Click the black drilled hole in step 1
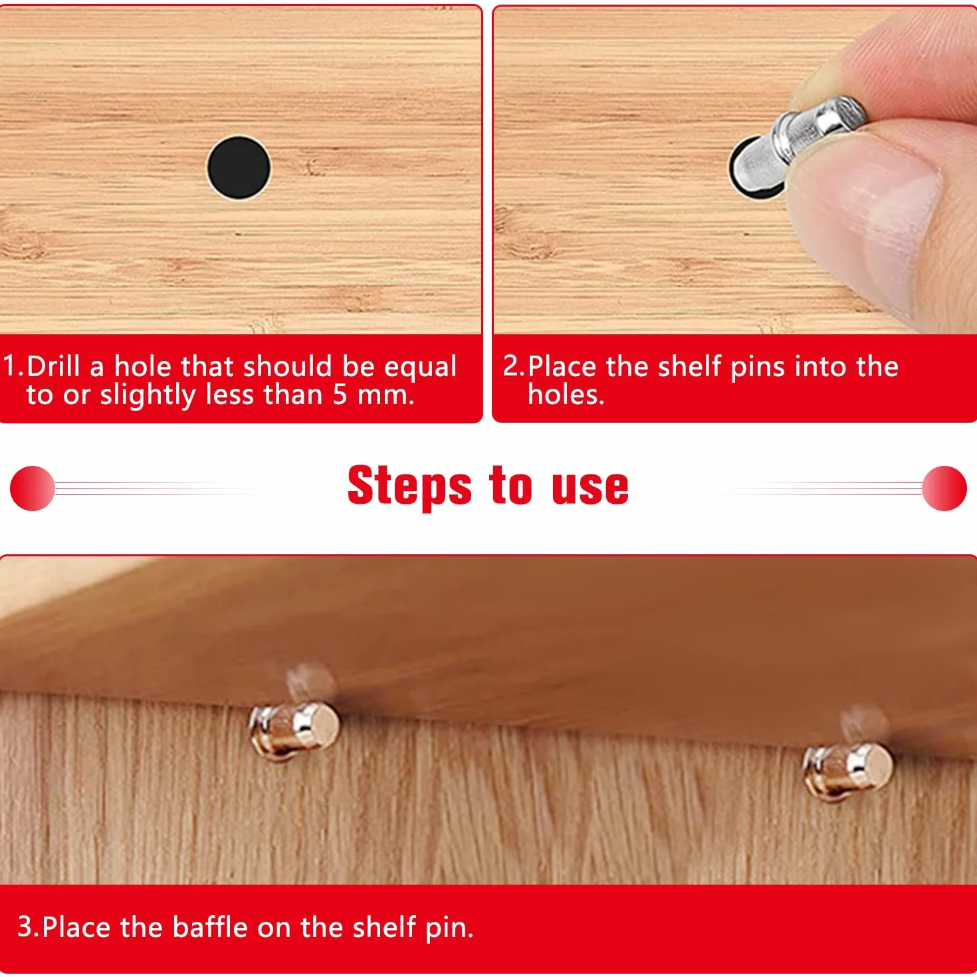(239, 168)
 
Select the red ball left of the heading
(33, 488)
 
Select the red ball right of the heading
(944, 488)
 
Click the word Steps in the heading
(409, 487)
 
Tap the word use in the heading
(590, 489)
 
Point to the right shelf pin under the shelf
(847, 772)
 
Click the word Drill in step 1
(53, 366)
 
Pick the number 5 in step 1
(340, 394)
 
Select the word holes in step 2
(566, 394)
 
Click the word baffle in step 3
(210, 926)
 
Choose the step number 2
(512, 366)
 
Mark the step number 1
(10, 366)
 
